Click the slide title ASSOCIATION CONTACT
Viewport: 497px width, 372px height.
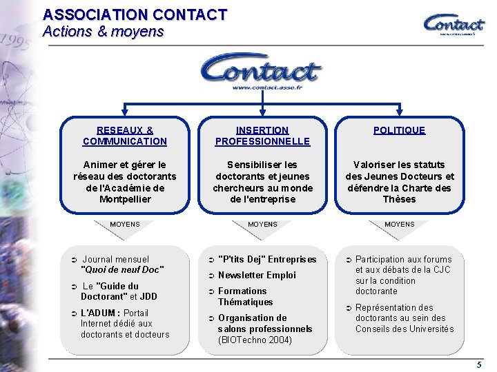[135, 14]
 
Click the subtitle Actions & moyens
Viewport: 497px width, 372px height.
[103, 32]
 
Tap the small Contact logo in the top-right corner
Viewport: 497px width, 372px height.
[454, 24]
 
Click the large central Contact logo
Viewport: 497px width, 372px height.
[262, 72]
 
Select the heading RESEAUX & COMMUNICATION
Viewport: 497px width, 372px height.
[124, 135]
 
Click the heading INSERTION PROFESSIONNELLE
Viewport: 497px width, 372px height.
[262, 135]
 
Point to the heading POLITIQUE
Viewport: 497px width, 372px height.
[400, 130]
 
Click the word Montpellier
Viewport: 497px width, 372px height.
[124, 199]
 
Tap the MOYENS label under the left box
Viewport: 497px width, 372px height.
[124, 225]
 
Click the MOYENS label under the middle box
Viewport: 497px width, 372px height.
[262, 225]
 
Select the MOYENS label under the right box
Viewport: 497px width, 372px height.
[400, 225]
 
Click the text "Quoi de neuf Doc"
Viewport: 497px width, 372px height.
[122, 270]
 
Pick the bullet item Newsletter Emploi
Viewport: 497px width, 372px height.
[257, 276]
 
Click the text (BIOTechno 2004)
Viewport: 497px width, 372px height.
[255, 340]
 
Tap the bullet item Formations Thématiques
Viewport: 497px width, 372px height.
[245, 296]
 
